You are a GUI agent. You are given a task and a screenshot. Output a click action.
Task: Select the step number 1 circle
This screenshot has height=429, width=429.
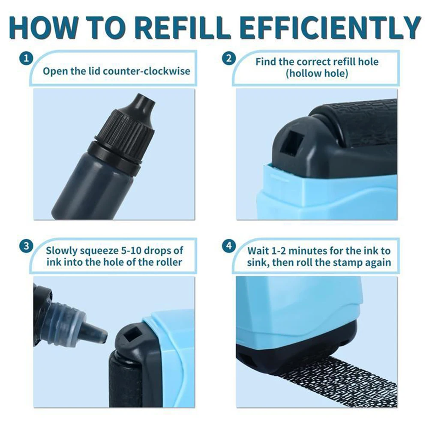(26, 58)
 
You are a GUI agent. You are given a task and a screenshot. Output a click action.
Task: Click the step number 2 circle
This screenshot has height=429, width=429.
(229, 58)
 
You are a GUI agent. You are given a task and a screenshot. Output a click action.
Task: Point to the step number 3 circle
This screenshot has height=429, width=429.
(26, 246)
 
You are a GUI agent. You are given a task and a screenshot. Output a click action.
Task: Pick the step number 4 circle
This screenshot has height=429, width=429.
(229, 246)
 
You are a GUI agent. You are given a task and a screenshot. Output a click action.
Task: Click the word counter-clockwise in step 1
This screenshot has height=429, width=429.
(147, 71)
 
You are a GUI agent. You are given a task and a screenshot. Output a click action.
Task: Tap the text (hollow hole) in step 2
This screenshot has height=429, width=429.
(317, 73)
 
